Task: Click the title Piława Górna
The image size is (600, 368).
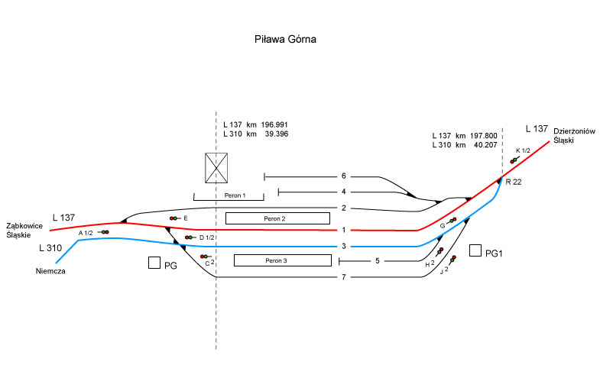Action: (x=284, y=38)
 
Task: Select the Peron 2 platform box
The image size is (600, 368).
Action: (x=277, y=218)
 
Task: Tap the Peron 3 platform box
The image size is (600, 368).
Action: (x=281, y=260)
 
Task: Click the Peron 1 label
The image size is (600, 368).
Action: (x=235, y=196)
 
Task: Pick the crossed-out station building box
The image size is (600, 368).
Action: (x=217, y=167)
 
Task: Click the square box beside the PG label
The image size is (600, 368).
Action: (x=154, y=263)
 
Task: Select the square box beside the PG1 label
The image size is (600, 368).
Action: (x=475, y=250)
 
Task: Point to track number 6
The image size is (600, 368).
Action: (x=344, y=176)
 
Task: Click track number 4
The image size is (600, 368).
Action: (x=344, y=192)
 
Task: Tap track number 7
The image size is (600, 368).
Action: (x=344, y=277)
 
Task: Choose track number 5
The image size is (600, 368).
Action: (x=378, y=261)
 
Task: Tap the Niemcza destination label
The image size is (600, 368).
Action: (x=49, y=270)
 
